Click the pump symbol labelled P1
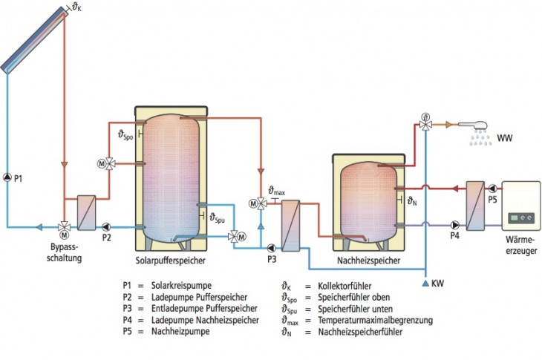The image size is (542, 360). [x=7, y=177]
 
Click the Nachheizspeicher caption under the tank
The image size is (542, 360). [x=369, y=261]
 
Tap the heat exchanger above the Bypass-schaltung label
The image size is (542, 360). [x=87, y=212]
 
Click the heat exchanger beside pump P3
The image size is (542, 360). [x=290, y=226]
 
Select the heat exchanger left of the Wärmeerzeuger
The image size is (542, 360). [x=474, y=205]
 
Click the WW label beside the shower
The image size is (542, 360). [x=504, y=138]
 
